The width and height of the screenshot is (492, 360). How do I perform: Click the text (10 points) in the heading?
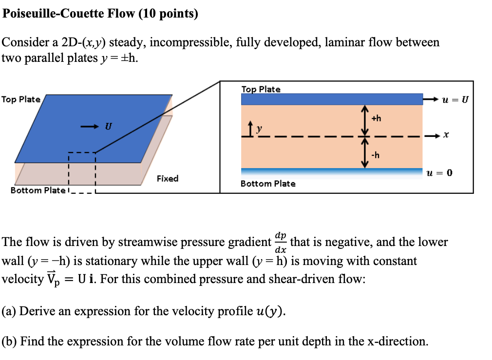[x=169, y=14]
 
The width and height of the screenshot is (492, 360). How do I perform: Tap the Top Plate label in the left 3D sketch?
[x=21, y=99]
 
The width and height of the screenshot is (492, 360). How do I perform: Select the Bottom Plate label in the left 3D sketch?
[x=38, y=190]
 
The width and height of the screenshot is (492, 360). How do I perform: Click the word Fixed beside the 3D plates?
[x=168, y=179]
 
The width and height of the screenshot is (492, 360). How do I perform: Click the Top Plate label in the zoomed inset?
[x=261, y=89]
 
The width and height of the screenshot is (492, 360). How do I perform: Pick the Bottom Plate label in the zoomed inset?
[x=268, y=184]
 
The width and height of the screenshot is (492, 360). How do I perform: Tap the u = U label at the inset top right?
[x=453, y=100]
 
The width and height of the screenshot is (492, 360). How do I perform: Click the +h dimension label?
[x=377, y=118]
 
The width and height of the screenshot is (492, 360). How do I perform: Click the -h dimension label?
[x=376, y=155]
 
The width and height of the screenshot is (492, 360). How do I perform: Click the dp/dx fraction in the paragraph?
[x=281, y=241]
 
